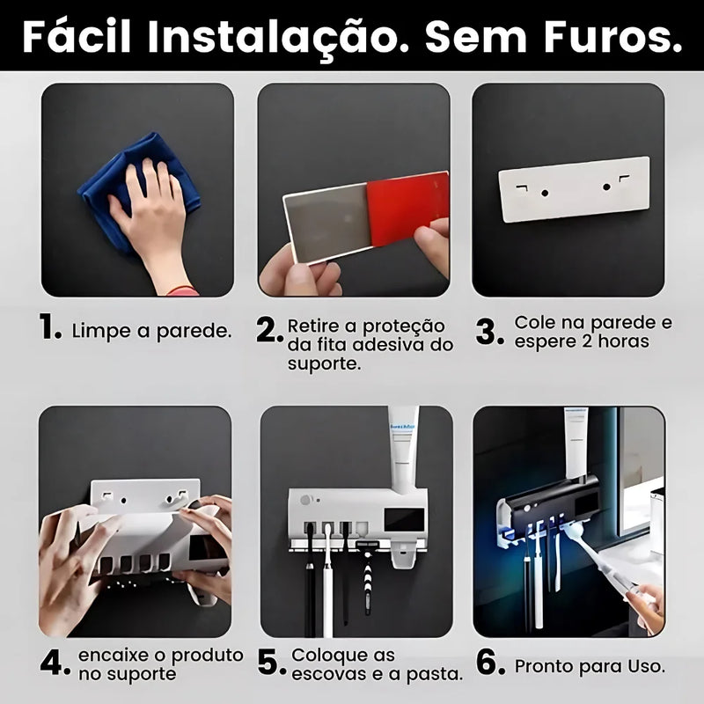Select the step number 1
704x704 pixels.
pos(50,329)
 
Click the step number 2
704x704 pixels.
pos(269,331)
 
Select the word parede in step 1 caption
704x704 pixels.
pos(199,332)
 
